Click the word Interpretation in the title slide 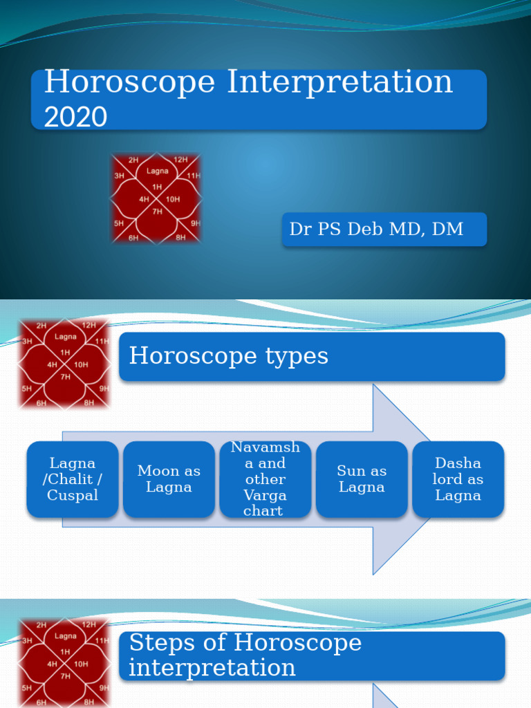point(339,83)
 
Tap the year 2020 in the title point(75,116)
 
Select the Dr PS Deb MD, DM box point(384,230)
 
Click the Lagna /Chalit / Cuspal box point(73,479)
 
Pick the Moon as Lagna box point(169,479)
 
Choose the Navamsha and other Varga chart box point(265,479)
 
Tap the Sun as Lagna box point(362,479)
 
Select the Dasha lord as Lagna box point(458,479)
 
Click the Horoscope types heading point(312,357)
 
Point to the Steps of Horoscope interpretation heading point(312,655)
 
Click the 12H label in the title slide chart point(180,160)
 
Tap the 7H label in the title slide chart point(157,212)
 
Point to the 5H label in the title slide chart point(119,223)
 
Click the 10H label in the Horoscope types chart point(82,364)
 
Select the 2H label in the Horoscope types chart point(41,326)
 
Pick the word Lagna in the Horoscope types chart point(66,337)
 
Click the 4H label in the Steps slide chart point(53,664)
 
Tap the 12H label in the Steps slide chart point(89,624)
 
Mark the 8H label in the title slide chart point(180,238)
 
